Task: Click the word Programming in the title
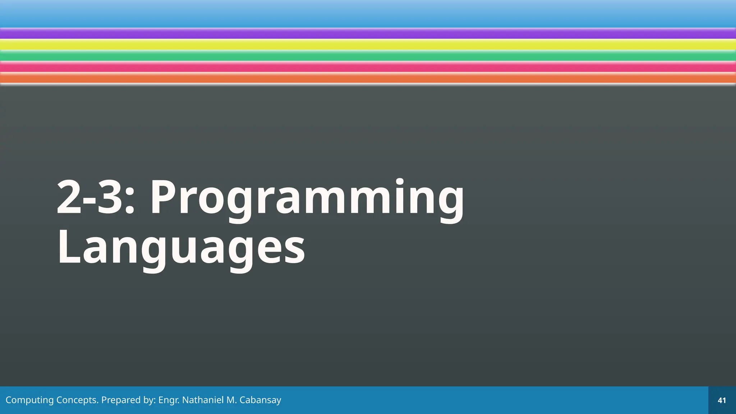[307, 198]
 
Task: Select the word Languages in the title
[181, 247]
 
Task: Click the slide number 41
[722, 400]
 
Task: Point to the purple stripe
[368, 34]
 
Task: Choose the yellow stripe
[368, 45]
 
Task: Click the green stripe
[368, 56]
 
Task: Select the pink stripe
[368, 67]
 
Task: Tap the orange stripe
[368, 78]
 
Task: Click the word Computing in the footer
[29, 400]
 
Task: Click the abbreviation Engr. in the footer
[169, 400]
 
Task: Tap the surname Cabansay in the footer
[260, 400]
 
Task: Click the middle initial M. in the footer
[231, 400]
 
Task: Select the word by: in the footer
[149, 400]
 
